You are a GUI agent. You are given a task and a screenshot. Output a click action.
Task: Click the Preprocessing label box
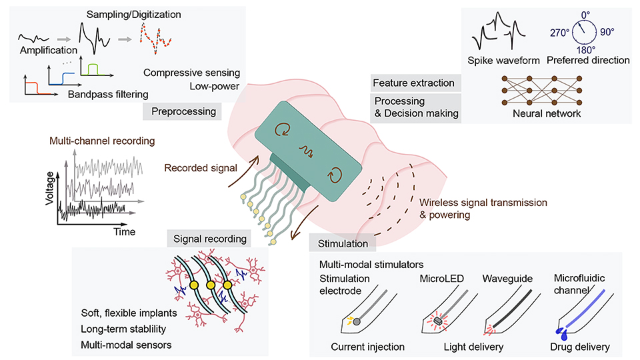[x=183, y=111]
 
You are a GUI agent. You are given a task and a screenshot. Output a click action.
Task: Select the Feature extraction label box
[x=414, y=83]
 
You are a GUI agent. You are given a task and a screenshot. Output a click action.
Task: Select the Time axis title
[x=123, y=233]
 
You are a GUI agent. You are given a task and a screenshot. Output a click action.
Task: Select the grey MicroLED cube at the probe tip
[x=438, y=320]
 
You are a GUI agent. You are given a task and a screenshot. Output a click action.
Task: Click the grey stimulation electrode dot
[x=357, y=321]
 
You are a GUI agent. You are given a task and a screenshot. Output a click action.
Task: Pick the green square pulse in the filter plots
[x=93, y=69]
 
